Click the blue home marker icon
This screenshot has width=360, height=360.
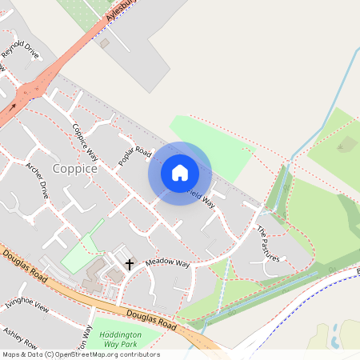(x=180, y=172)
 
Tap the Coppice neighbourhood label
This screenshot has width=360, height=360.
(x=75, y=170)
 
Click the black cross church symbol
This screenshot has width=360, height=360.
(x=128, y=263)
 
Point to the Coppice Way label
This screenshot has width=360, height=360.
(x=85, y=142)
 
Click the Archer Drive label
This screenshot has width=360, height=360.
(x=38, y=181)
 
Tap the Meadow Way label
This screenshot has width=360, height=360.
(x=167, y=262)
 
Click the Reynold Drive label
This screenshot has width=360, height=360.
(x=20, y=55)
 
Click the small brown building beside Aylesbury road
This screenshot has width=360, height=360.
(x=105, y=42)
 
